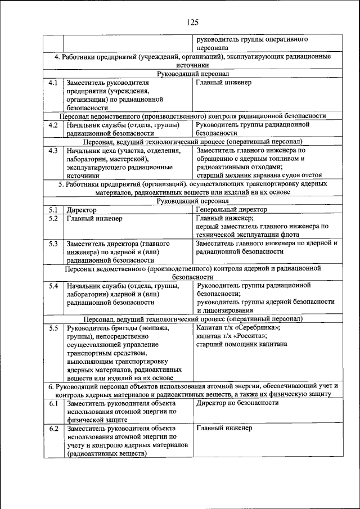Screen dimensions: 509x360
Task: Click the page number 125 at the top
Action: pos(191,22)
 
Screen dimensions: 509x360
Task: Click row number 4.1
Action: pos(53,83)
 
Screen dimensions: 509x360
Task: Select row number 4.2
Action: pos(53,124)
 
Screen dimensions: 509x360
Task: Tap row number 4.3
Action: pos(53,150)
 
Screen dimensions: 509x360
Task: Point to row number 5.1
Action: pos(53,209)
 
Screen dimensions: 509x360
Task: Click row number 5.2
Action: pos(53,218)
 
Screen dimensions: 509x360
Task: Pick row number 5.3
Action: pos(53,244)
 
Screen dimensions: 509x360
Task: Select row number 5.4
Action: pos(53,286)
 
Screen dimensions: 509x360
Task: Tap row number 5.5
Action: pos(53,328)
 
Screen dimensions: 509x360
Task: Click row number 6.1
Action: pos(53,403)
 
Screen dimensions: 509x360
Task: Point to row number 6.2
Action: pos(53,429)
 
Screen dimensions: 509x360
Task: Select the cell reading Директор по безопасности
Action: pos(237,403)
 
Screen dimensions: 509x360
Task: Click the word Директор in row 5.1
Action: pos(81,209)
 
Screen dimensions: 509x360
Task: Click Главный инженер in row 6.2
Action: pos(223,429)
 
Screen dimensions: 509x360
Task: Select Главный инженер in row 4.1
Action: pos(223,83)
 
